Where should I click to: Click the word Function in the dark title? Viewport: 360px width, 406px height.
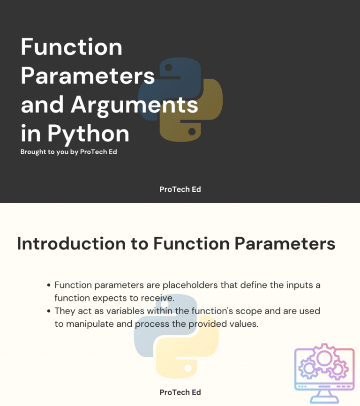click(x=71, y=47)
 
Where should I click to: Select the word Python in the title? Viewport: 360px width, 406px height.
click(x=88, y=134)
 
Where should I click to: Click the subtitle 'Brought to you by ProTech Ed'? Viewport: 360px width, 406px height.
click(x=68, y=152)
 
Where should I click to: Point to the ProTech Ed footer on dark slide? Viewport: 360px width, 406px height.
click(x=180, y=189)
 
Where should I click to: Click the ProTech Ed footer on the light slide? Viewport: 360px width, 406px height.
click(x=180, y=392)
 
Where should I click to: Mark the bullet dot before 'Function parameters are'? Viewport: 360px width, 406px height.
click(x=49, y=285)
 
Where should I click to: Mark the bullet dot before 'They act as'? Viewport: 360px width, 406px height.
click(x=49, y=311)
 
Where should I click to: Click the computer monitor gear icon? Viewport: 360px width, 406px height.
click(x=324, y=369)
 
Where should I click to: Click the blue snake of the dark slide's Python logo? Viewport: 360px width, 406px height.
click(x=166, y=87)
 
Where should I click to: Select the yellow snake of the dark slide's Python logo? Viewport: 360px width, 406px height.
click(x=192, y=115)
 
